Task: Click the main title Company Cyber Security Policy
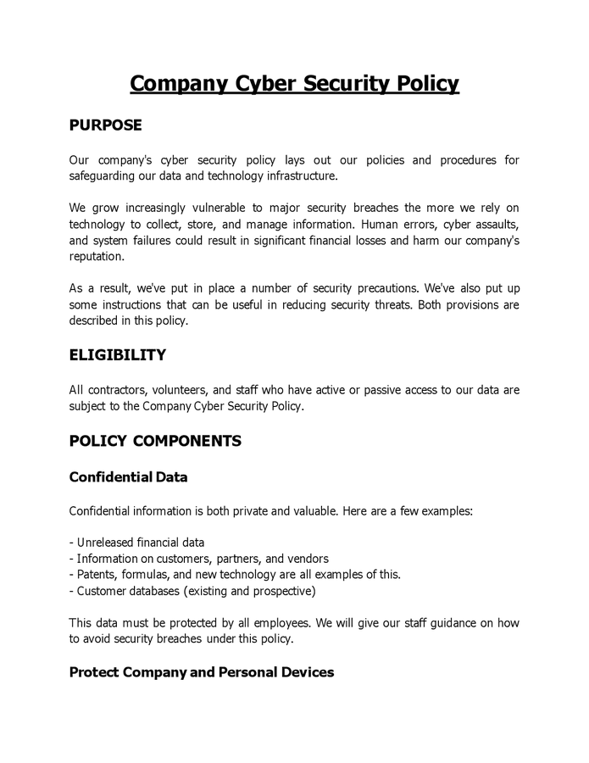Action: point(294,83)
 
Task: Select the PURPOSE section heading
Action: point(105,125)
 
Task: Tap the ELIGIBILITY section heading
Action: point(117,355)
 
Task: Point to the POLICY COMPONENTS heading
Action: point(155,441)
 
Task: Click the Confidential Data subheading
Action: point(128,477)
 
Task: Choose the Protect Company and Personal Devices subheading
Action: point(201,672)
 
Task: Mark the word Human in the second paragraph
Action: point(381,225)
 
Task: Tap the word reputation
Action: point(96,257)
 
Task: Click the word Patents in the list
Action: point(97,575)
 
